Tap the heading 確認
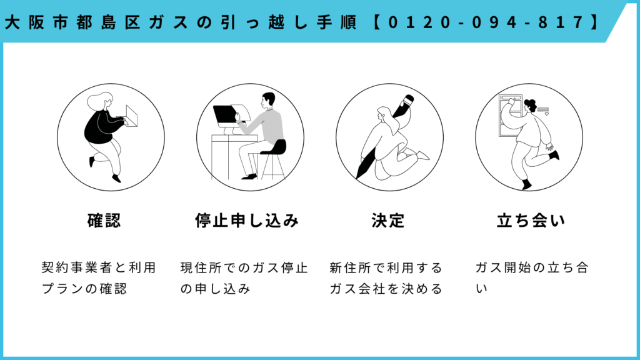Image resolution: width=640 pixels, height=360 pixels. click(104, 221)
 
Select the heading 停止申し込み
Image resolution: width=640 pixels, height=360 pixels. click(247, 221)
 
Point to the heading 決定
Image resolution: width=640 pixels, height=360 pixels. click(387, 221)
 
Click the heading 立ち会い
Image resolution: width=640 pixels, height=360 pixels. click(531, 221)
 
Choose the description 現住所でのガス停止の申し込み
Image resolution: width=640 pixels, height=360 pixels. click(244, 278)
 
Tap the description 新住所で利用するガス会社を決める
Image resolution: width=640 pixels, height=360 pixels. click(386, 278)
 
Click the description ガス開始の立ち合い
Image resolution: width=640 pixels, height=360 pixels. click(532, 278)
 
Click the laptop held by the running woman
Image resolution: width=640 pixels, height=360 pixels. click(131, 116)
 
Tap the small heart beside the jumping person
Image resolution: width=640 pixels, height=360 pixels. click(547, 114)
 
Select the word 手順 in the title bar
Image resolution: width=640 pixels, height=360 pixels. click(337, 22)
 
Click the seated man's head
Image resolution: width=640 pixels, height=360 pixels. click(268, 100)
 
